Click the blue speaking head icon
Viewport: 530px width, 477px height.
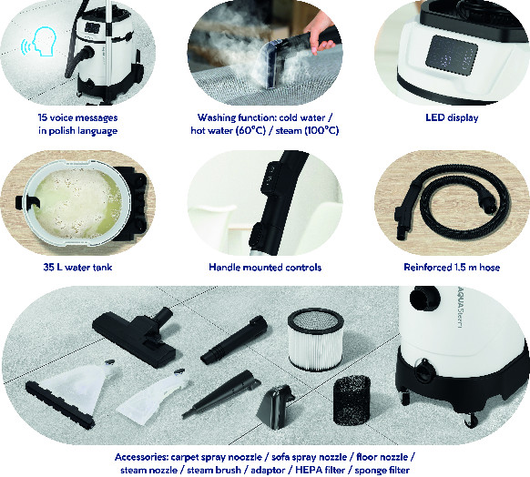click(x=39, y=42)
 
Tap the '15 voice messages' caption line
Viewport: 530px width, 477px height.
click(x=77, y=117)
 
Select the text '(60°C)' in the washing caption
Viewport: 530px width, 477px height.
click(x=250, y=130)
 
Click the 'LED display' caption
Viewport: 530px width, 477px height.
click(x=452, y=117)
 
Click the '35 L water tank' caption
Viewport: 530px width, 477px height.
click(x=77, y=268)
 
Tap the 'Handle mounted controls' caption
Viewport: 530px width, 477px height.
click(x=265, y=268)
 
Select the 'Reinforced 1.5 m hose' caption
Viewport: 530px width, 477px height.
click(x=452, y=268)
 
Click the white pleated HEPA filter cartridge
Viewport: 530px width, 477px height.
click(x=316, y=340)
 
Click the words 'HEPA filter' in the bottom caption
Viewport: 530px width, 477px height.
click(x=321, y=471)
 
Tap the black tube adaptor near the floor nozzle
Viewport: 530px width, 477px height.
click(x=234, y=340)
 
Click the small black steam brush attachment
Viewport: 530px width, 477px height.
click(x=275, y=407)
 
